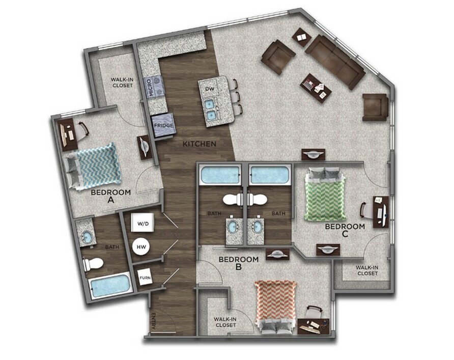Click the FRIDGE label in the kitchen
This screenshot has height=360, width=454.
click(164, 125)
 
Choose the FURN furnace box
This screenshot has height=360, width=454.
click(145, 278)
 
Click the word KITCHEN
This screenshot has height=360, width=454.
click(200, 144)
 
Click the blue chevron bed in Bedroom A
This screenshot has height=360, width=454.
click(95, 165)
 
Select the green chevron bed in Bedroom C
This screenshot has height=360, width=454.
click(325, 194)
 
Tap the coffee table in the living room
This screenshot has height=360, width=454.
click(316, 87)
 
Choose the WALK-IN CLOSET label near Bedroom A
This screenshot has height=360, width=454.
click(122, 82)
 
